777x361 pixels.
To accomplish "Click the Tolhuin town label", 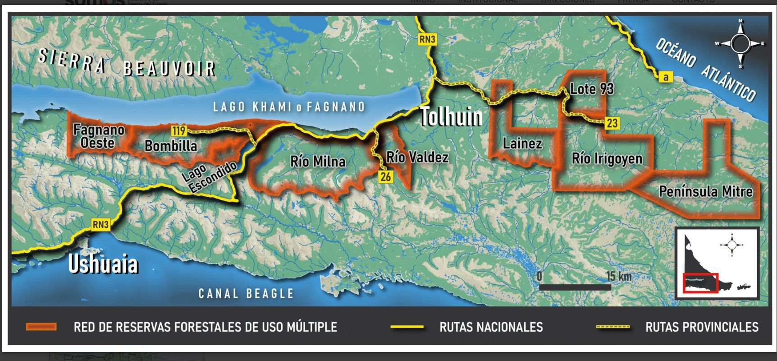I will tap(451, 117).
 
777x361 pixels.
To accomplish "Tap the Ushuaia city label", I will tap(103, 264).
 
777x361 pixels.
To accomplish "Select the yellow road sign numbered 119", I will tap(179, 131).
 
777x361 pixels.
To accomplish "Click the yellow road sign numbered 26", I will tap(385, 176).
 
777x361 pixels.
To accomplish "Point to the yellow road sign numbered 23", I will tap(612, 123).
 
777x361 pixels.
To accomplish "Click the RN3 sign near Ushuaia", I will tap(101, 224).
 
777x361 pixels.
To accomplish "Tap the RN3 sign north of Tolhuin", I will tap(427, 39).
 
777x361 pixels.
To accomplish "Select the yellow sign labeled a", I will tap(665, 77).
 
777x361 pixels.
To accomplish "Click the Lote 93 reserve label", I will tap(591, 89).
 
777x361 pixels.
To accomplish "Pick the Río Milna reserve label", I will tap(318, 162).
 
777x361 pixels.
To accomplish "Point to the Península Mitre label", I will tap(705, 192).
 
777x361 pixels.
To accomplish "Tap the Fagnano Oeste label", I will tap(99, 136).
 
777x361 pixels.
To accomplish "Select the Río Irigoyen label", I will tap(607, 159).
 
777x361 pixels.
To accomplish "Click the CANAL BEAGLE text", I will tap(246, 294).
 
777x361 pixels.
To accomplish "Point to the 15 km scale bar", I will tap(575, 287).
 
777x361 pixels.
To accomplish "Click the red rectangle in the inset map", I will tap(700, 283).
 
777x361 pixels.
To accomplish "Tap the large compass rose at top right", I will tap(740, 44).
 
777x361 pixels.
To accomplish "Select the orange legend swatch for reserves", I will tap(41, 327).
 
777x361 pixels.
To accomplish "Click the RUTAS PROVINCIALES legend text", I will tap(702, 327).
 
